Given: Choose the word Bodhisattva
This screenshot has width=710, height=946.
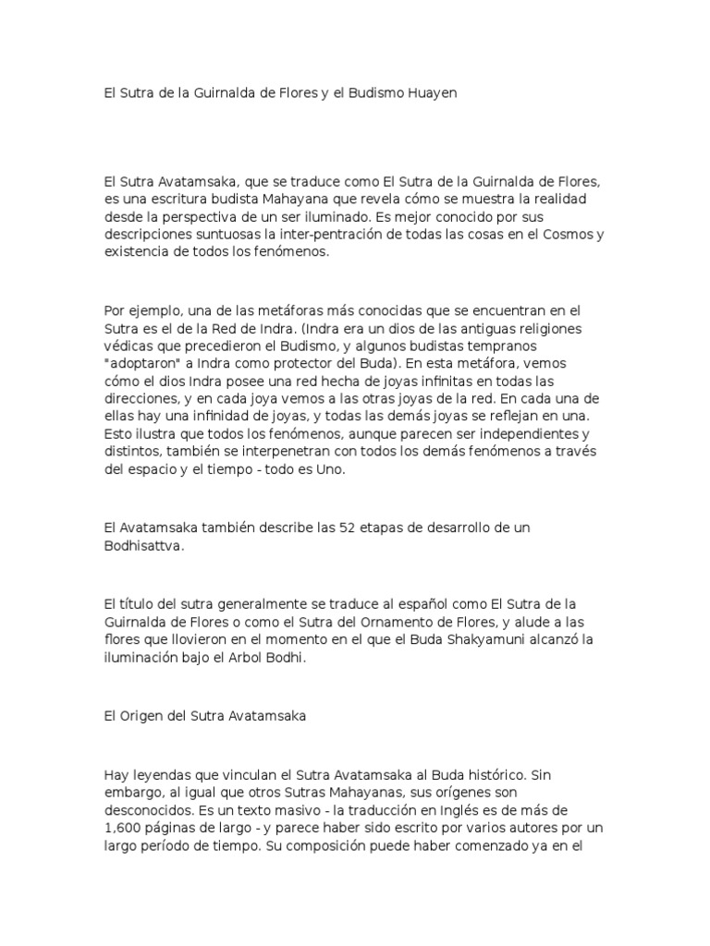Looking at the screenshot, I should tap(145, 544).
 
